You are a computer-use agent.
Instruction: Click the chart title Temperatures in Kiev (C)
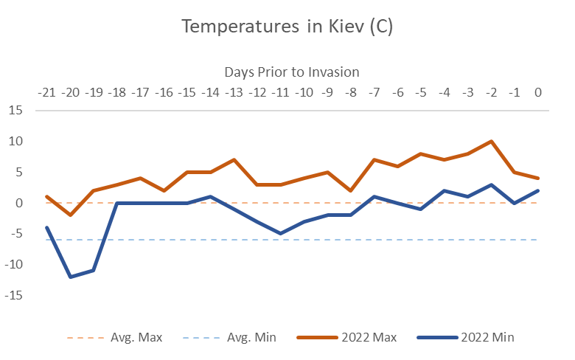coord(287,28)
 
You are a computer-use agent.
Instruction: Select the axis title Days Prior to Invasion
coord(291,72)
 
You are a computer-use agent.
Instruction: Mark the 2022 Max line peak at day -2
coord(491,141)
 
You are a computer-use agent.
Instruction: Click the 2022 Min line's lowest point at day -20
coord(71,277)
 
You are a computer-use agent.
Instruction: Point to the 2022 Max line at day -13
coord(234,159)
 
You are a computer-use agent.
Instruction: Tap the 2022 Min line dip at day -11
coord(281,233)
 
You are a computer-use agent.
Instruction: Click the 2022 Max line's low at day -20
coord(71,215)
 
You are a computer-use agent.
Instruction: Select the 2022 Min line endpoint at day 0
coord(538,190)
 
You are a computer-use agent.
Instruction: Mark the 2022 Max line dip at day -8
coord(351,190)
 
